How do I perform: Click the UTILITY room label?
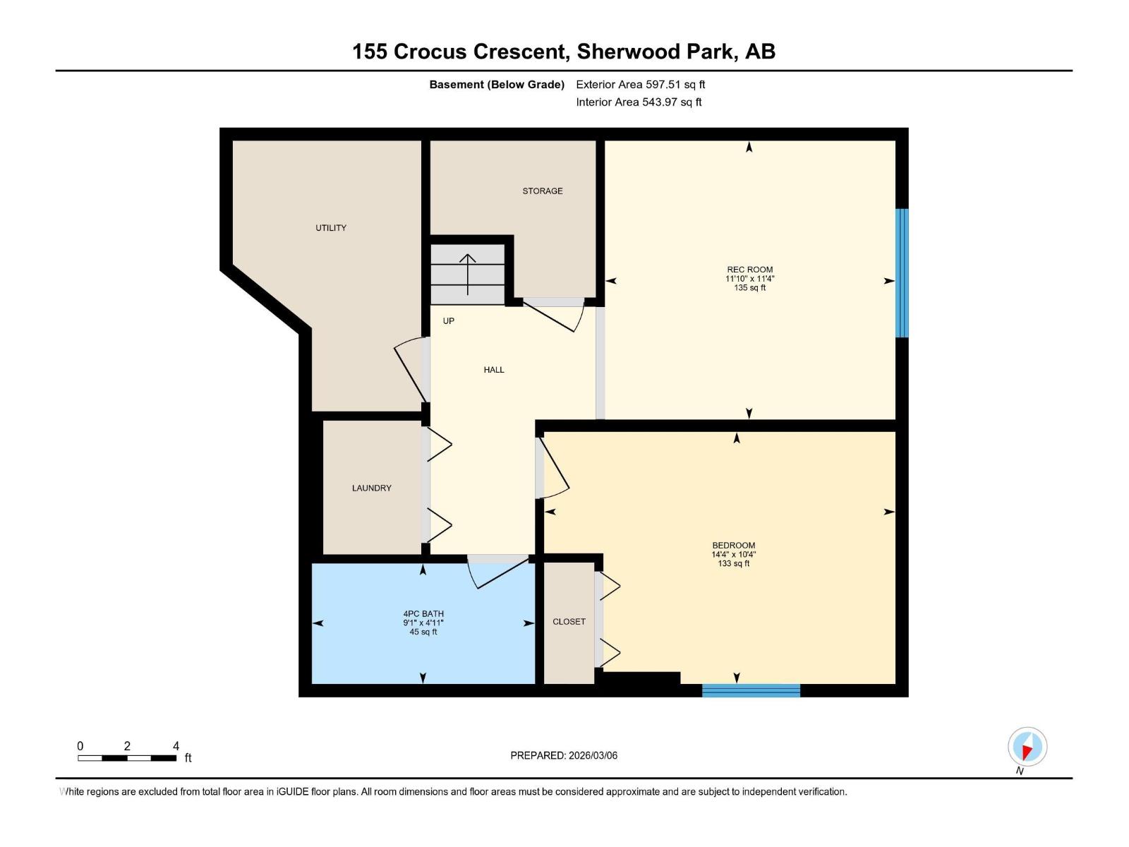click(x=331, y=228)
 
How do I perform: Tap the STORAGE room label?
click(x=542, y=191)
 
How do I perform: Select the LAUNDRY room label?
click(x=371, y=488)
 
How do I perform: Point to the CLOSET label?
click(x=569, y=622)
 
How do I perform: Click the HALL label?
click(x=494, y=370)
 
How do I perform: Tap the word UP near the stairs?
click(x=449, y=321)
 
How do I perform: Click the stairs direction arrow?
click(x=468, y=274)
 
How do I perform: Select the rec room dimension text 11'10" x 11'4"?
click(x=749, y=279)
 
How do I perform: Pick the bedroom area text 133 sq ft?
click(x=733, y=564)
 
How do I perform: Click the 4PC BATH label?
click(x=423, y=614)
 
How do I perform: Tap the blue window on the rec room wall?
click(x=901, y=273)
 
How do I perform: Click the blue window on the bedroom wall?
click(x=751, y=690)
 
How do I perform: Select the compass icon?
click(x=1027, y=747)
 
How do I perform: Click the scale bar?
click(x=127, y=758)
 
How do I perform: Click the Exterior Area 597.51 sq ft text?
click(x=640, y=85)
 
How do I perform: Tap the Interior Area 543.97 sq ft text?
click(x=639, y=102)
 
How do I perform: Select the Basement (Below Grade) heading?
click(x=497, y=85)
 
